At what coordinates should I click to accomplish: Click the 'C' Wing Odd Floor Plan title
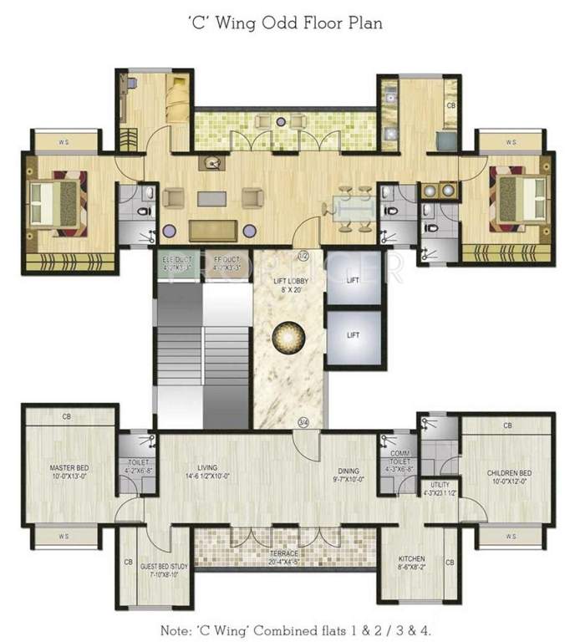287,23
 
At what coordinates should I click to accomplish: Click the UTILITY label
440,485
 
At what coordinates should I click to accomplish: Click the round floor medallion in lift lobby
288,338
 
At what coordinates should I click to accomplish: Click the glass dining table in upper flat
354,209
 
